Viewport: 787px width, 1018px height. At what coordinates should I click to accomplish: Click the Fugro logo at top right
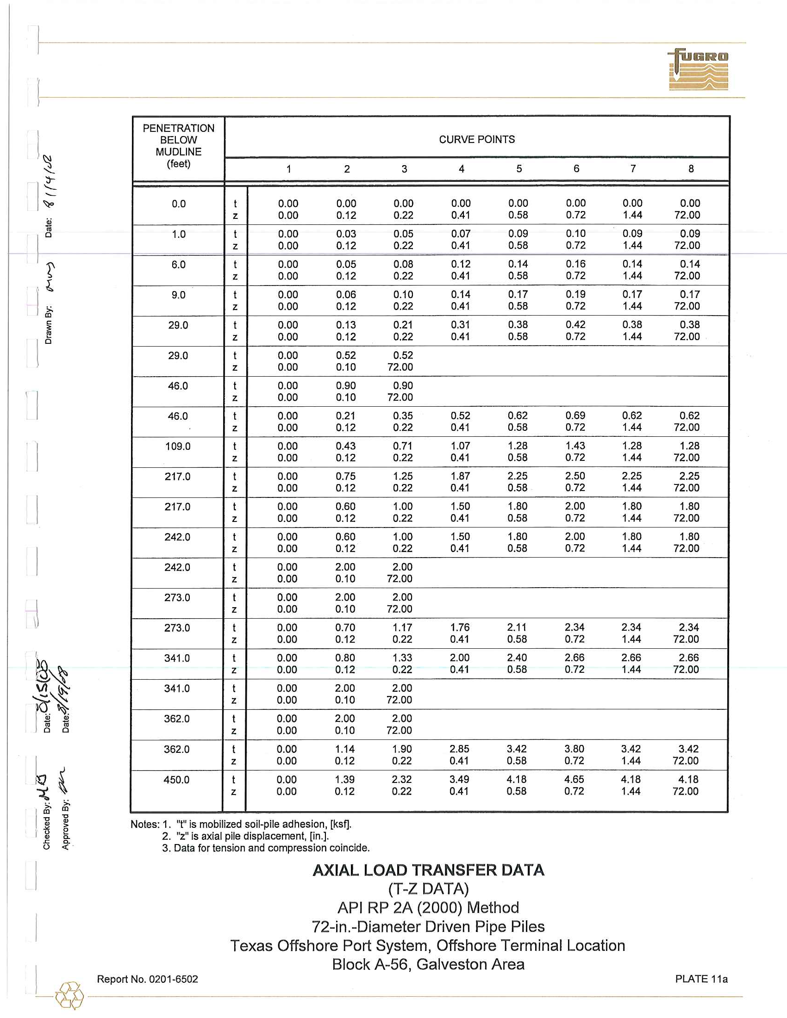point(698,69)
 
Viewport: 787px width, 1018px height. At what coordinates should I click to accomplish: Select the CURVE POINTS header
point(476,139)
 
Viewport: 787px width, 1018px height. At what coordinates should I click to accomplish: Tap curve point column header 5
point(518,169)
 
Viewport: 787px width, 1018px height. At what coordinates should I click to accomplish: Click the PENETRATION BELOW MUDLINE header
point(179,146)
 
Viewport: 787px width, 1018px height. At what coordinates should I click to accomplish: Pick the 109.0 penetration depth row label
point(178,447)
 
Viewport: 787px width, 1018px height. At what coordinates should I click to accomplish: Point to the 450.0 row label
point(176,780)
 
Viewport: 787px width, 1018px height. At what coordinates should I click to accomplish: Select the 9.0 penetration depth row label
point(178,295)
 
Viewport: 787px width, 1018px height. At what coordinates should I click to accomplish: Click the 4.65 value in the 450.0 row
point(574,779)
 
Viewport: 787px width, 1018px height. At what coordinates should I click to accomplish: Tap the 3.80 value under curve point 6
point(574,749)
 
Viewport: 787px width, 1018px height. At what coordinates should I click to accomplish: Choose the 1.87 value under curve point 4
point(460,476)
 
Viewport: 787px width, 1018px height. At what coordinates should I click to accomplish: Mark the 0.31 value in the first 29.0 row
point(460,325)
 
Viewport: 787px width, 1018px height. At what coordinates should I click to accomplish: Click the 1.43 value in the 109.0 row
point(575,446)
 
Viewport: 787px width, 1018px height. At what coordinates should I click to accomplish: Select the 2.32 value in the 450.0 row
point(402,779)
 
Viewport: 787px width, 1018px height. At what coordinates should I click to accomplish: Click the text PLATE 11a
point(701,979)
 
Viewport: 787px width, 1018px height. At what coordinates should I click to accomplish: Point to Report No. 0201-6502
point(147,979)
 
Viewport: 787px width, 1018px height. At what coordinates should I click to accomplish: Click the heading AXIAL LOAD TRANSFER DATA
point(428,870)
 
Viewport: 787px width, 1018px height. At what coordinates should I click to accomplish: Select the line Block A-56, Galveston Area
point(428,964)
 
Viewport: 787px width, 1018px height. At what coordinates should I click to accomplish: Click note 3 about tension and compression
point(266,848)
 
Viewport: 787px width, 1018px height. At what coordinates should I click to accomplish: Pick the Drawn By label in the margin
point(49,325)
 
